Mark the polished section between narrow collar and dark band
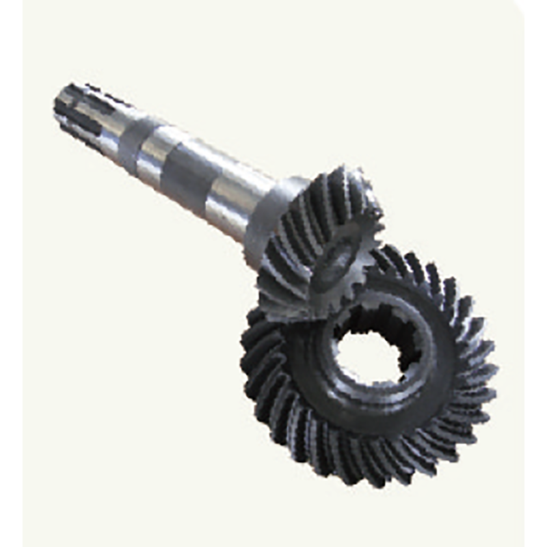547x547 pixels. (154, 157)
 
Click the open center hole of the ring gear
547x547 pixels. (369, 356)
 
